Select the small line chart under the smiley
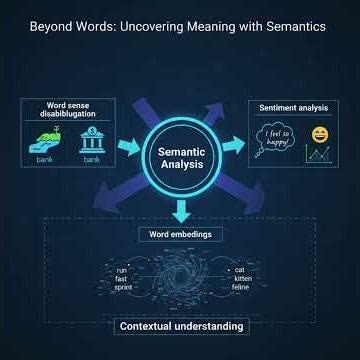319,156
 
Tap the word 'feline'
240,286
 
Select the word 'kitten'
240,278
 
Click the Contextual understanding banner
181,326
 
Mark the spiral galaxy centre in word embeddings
181,277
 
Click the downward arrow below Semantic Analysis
181,210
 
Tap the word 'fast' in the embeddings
122,278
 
